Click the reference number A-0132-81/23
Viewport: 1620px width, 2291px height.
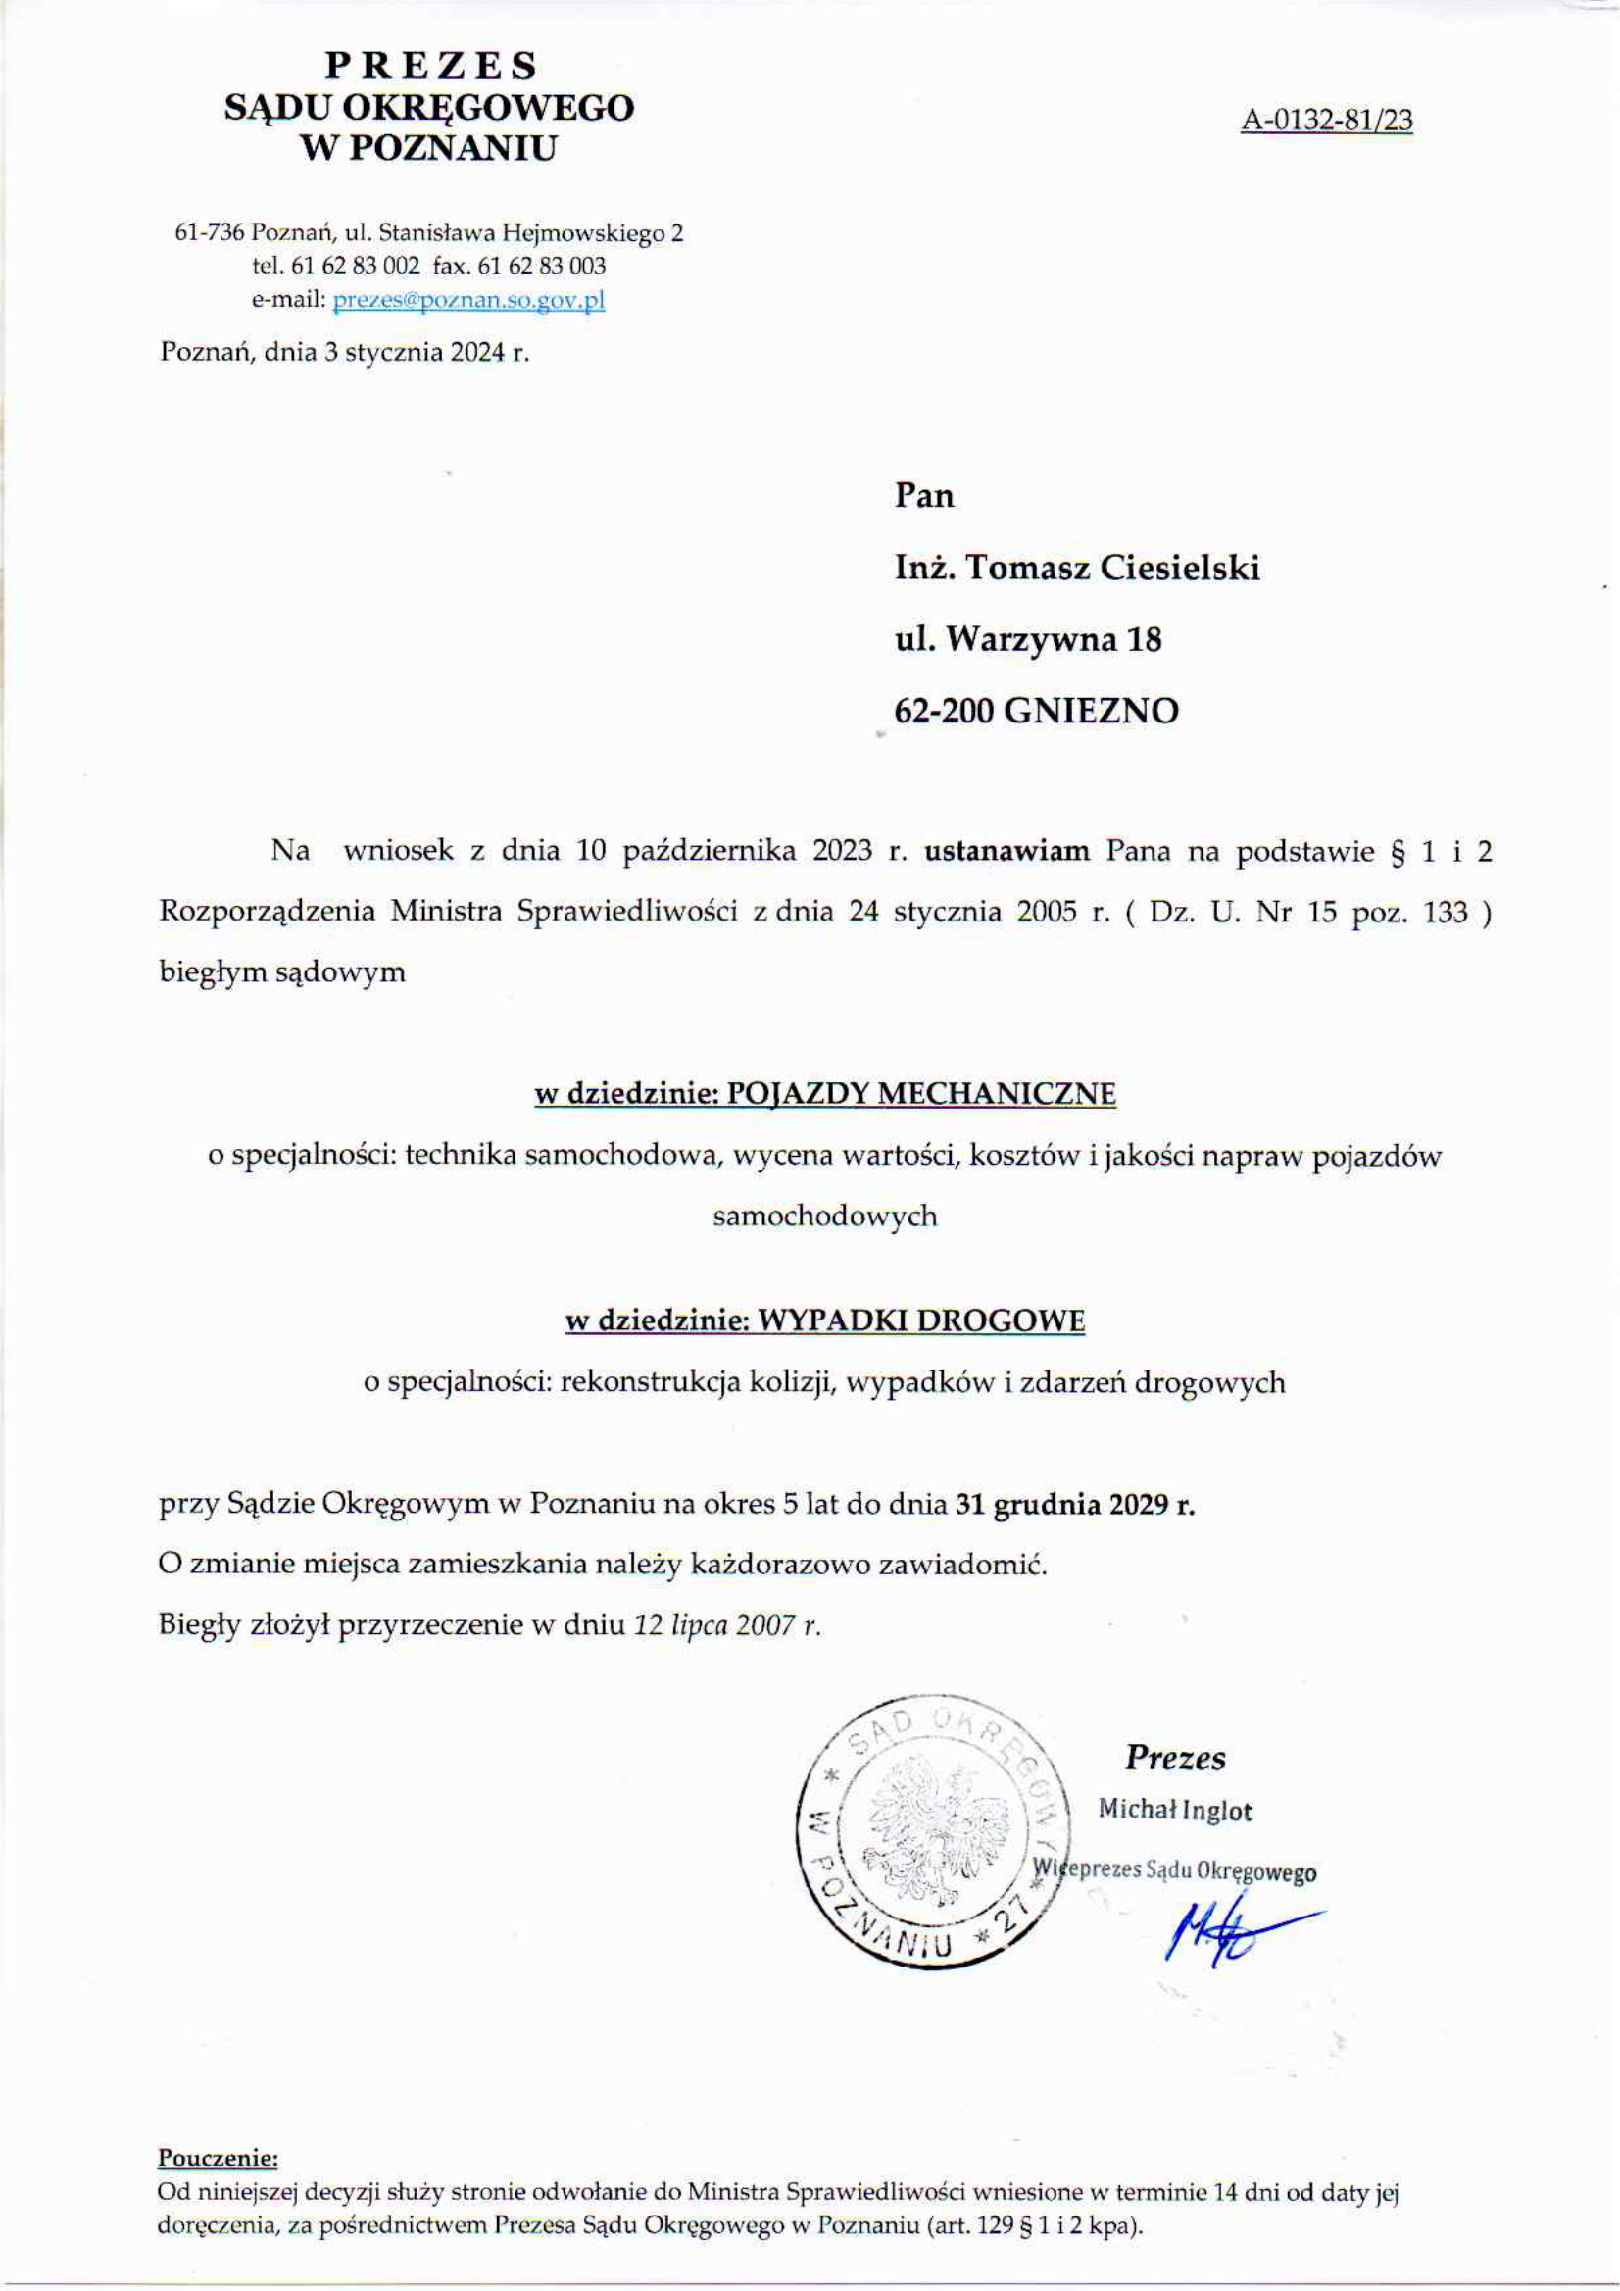(x=1327, y=121)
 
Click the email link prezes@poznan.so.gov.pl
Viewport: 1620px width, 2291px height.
(x=468, y=300)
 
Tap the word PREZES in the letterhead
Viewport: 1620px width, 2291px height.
(x=431, y=66)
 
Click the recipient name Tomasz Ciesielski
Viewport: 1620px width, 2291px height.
(x=1114, y=568)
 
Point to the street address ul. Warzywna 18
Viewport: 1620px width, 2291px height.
(x=1028, y=638)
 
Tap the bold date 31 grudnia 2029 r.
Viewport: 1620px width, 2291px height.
(x=1075, y=1505)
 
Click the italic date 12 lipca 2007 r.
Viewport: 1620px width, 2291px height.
(x=727, y=1625)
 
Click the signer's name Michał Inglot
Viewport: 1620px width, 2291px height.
(x=1175, y=1811)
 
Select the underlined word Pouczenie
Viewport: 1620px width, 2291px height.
(x=218, y=2159)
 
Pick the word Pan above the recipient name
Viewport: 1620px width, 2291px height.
(x=924, y=496)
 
